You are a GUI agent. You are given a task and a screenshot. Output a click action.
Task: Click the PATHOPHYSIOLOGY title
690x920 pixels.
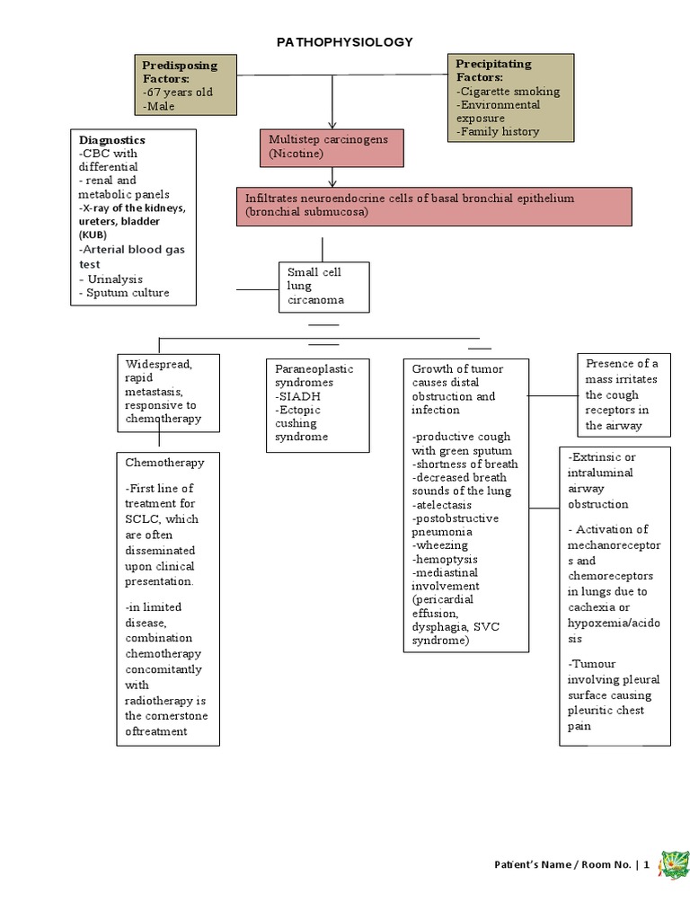[345, 42]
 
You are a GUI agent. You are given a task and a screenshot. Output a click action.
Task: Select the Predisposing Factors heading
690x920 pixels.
[179, 72]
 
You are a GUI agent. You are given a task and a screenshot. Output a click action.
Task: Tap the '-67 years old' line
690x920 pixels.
[177, 93]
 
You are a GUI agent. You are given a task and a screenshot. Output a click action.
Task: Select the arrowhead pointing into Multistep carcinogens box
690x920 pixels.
[332, 125]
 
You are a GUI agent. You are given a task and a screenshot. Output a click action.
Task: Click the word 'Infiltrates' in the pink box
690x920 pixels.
[273, 198]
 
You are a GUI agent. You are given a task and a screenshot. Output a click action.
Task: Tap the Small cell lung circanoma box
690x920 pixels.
[323, 287]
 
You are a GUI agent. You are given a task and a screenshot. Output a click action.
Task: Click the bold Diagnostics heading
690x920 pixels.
[111, 140]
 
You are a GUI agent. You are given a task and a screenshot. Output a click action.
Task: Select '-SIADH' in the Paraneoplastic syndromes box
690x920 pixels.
[299, 396]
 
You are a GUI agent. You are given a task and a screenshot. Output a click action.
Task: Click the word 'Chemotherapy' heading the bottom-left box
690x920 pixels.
[165, 463]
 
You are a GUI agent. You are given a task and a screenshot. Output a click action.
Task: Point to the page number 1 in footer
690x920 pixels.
[645, 865]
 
